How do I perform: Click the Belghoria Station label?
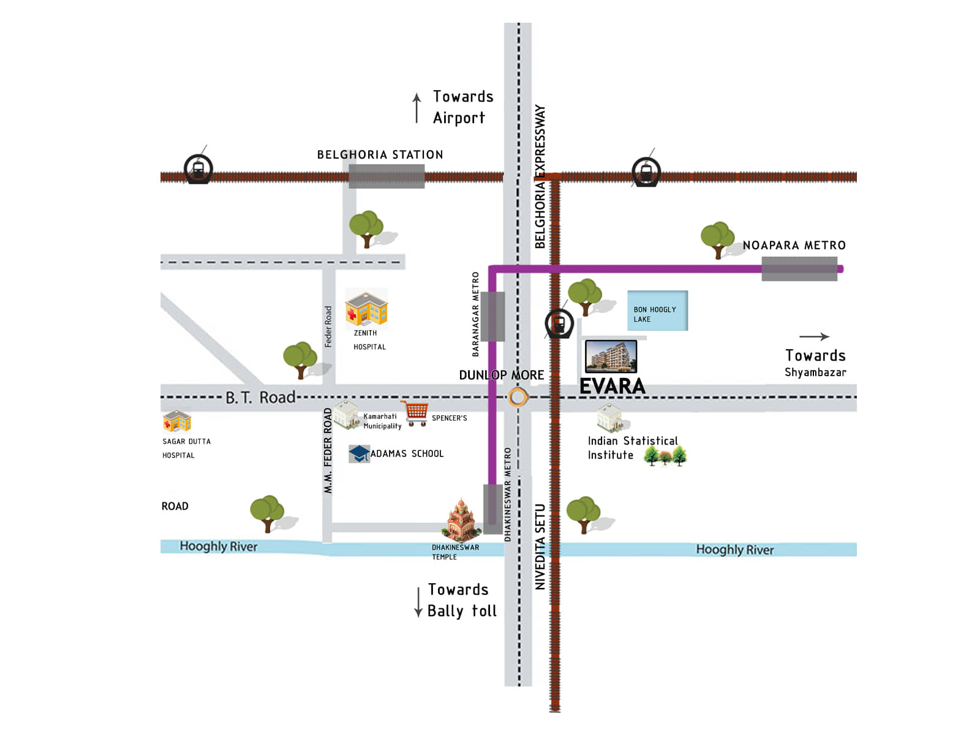point(380,155)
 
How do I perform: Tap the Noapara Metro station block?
point(799,269)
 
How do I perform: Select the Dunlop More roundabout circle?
point(518,398)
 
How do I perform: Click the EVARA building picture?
point(611,356)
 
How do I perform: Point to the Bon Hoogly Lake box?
point(657,311)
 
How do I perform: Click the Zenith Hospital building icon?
point(366,308)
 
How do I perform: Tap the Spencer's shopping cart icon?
point(415,413)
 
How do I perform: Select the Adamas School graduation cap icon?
point(359,453)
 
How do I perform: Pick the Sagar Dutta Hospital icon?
point(177,421)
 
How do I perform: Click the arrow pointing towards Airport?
point(417,108)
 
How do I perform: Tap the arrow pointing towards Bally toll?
point(418,601)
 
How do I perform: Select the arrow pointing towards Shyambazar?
point(814,336)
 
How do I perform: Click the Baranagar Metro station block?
point(492,317)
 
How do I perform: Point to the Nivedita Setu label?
point(540,547)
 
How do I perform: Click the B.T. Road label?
point(260,398)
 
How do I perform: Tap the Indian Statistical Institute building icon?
point(610,418)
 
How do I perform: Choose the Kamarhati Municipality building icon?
point(346,415)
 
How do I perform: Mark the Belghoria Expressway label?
point(540,176)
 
